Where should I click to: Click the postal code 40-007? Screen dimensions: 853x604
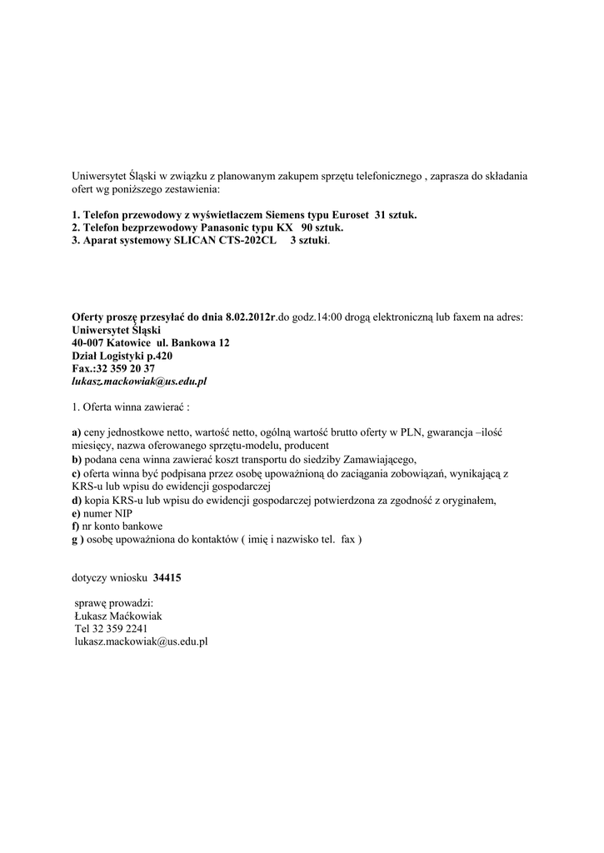[88, 342]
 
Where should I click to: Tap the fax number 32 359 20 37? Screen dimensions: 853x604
[126, 367]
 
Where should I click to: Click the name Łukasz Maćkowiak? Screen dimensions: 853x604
[118, 616]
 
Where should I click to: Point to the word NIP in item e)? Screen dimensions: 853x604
[123, 513]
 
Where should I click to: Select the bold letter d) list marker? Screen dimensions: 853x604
[77, 501]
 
